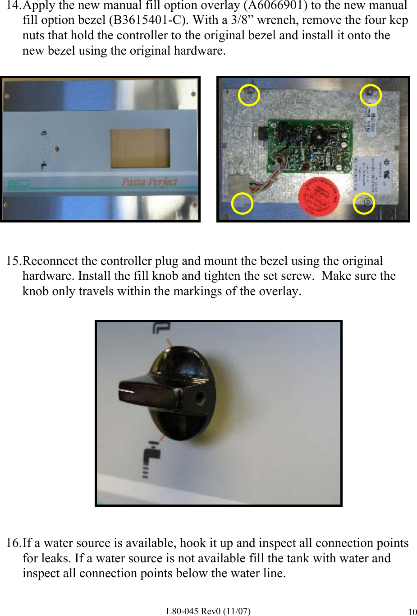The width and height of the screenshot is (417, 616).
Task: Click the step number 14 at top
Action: pyautogui.click(x=13, y=6)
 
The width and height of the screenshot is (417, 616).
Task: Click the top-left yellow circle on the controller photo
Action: pyautogui.click(x=249, y=95)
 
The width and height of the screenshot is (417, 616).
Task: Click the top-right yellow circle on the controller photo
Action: pyautogui.click(x=371, y=95)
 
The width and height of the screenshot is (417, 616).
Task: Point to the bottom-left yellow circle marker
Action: pyautogui.click(x=242, y=204)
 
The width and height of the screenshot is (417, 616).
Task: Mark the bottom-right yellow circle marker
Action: pyautogui.click(x=364, y=204)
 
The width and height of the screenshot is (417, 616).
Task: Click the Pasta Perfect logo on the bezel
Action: pyautogui.click(x=150, y=182)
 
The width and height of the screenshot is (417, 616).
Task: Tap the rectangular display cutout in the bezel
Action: pyautogui.click(x=140, y=148)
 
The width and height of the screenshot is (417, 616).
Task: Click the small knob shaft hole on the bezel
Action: pyautogui.click(x=56, y=149)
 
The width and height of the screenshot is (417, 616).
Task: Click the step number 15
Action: pyautogui.click(x=13, y=261)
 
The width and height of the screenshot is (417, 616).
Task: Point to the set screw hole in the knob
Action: pyautogui.click(x=199, y=398)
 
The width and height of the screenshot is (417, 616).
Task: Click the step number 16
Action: pyautogui.click(x=13, y=543)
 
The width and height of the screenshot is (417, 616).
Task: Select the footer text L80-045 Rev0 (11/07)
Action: pyautogui.click(x=208, y=611)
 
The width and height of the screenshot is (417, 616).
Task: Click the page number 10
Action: pyautogui.click(x=412, y=612)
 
